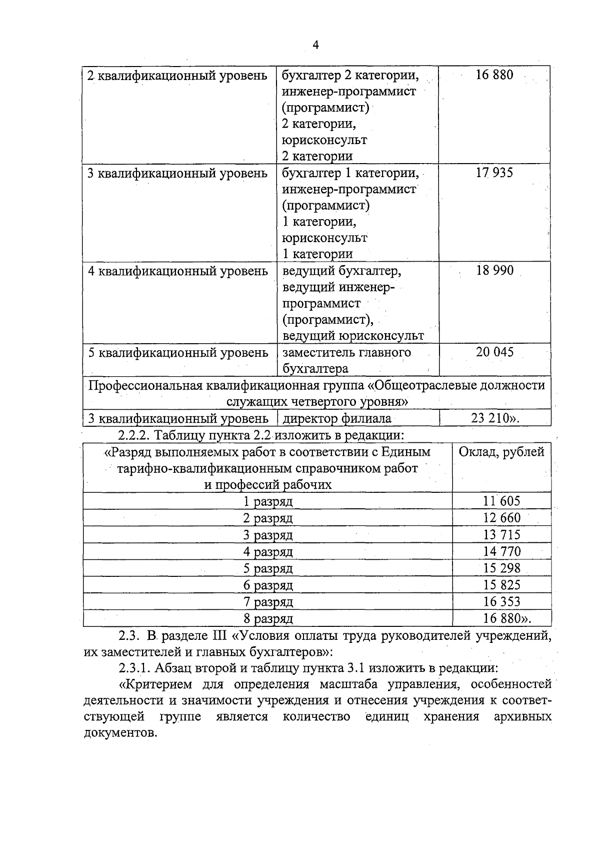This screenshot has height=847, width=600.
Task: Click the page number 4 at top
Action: coord(315,45)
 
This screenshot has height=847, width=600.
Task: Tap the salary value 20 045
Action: coord(494,352)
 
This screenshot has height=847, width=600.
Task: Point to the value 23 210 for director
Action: coord(494,418)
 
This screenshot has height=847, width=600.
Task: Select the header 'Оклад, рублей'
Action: coord(501,452)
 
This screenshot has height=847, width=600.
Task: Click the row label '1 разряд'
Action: coord(268,501)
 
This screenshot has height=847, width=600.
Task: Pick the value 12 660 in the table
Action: coord(501,518)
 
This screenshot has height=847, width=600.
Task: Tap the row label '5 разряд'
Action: coord(268,568)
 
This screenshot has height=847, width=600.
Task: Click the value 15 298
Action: coord(501,568)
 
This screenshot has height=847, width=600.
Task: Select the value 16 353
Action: coord(501,601)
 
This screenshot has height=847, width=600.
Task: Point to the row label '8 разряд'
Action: coord(268,619)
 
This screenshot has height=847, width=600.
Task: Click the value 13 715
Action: coord(501,535)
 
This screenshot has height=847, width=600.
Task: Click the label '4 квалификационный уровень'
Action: coord(178,271)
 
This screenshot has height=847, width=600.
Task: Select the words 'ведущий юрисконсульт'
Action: coord(353,336)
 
